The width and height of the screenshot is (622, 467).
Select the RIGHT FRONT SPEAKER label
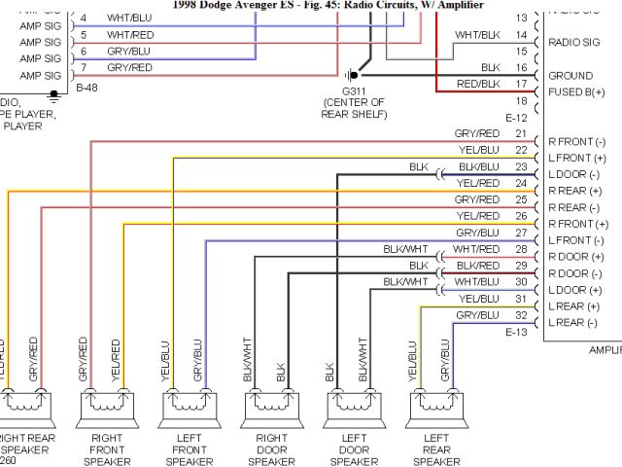tap(106, 449)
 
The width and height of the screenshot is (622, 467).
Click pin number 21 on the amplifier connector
tap(521, 133)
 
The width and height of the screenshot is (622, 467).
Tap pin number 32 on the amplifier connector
tap(521, 315)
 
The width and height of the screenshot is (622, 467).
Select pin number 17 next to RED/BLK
tap(521, 84)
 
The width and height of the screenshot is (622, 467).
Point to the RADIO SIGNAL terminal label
tap(574, 42)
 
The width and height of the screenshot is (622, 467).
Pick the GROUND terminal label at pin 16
tap(570, 76)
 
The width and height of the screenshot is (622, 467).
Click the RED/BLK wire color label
tap(478, 84)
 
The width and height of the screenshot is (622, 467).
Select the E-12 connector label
tap(516, 118)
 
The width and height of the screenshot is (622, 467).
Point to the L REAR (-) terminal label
tap(573, 322)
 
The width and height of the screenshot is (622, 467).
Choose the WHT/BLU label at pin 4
tap(128, 18)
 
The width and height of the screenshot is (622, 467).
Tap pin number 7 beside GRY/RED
tap(84, 67)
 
